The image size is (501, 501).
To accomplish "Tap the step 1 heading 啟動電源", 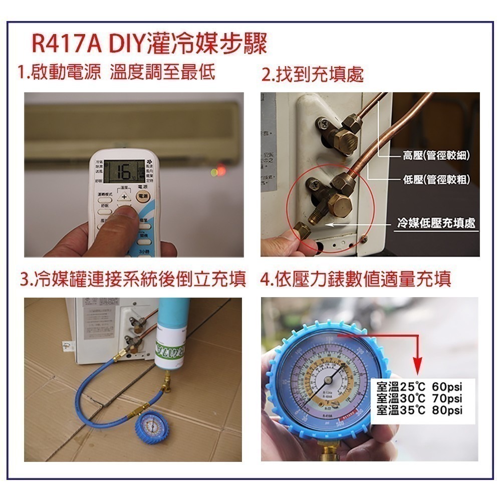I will click(x=60, y=72).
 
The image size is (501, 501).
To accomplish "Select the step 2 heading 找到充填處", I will click(x=313, y=75).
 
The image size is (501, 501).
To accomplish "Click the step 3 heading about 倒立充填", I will click(x=133, y=280).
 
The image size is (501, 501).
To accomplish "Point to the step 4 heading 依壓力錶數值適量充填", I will click(x=356, y=280).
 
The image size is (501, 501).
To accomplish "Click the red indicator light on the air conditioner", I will click(x=219, y=172).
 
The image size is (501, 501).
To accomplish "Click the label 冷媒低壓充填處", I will click(x=436, y=223).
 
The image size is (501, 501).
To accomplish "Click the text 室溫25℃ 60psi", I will click(x=419, y=387).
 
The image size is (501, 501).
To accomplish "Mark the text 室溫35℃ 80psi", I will click(x=419, y=410).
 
